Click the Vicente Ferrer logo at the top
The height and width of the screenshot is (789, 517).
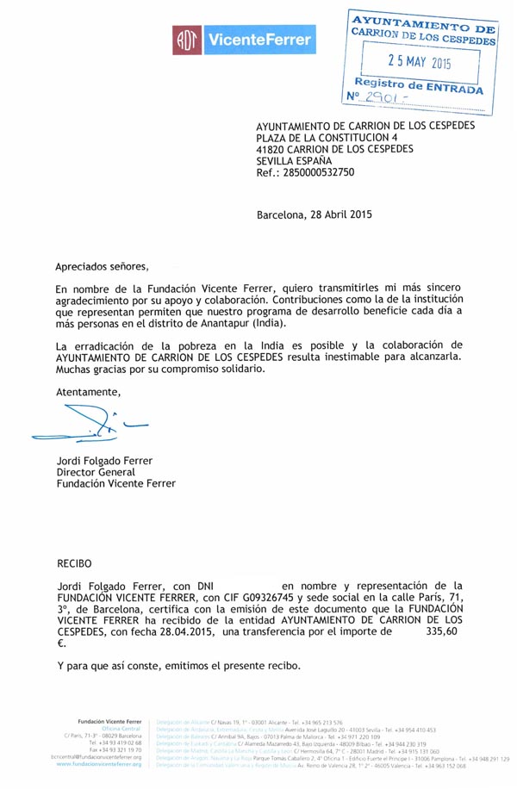tap(243, 38)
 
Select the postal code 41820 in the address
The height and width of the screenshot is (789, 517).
tap(273, 148)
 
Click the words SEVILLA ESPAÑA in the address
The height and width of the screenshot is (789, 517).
tap(295, 160)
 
